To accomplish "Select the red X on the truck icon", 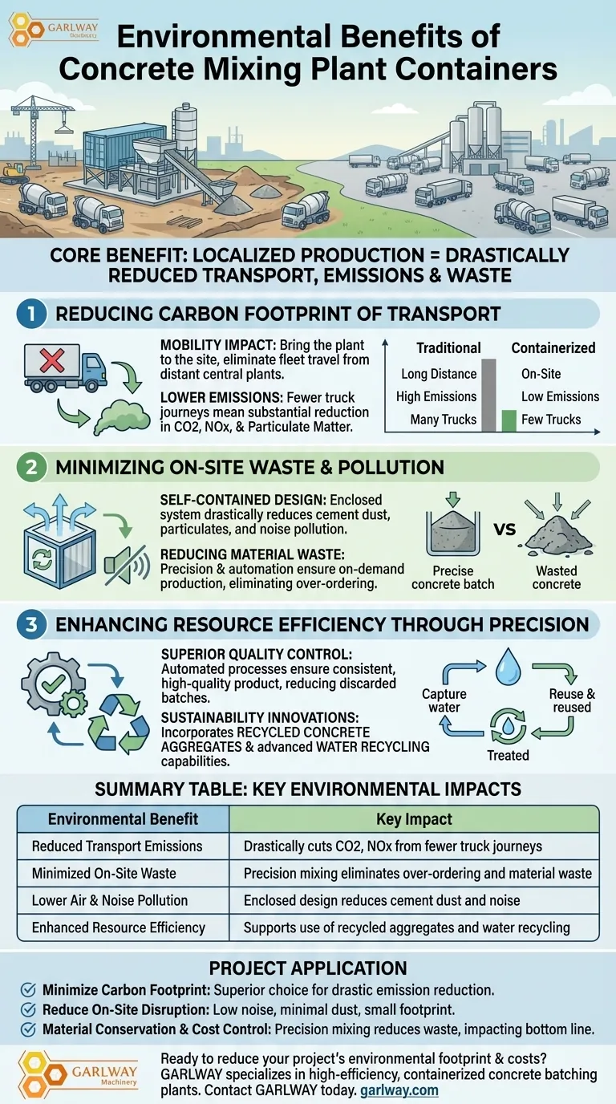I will click(x=53, y=361).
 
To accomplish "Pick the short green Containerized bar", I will click(x=509, y=420).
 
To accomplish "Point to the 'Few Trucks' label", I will click(x=551, y=419).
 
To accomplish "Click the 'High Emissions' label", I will click(x=436, y=396).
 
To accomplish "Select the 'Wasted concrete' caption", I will click(x=556, y=577).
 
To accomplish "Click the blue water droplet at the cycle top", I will click(x=506, y=668).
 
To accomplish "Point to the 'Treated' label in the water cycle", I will click(x=508, y=755).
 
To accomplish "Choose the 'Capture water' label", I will click(x=444, y=700).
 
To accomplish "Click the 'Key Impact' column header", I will click(x=414, y=819).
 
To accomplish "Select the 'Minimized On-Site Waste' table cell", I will click(x=103, y=873).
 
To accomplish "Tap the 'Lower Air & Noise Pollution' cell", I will click(x=110, y=900).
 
